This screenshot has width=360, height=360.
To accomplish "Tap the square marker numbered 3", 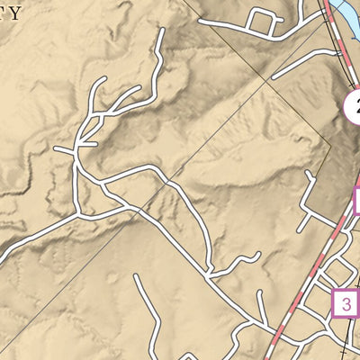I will [x=345, y=302].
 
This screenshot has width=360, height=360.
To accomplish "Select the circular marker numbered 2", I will [x=354, y=104].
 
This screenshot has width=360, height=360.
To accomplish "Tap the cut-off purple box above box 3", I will [x=357, y=200].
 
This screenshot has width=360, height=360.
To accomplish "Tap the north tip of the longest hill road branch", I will [x=162, y=30].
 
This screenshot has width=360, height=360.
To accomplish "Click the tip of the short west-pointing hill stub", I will [x=55, y=148].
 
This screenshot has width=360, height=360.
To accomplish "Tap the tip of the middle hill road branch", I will [x=139, y=90].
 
